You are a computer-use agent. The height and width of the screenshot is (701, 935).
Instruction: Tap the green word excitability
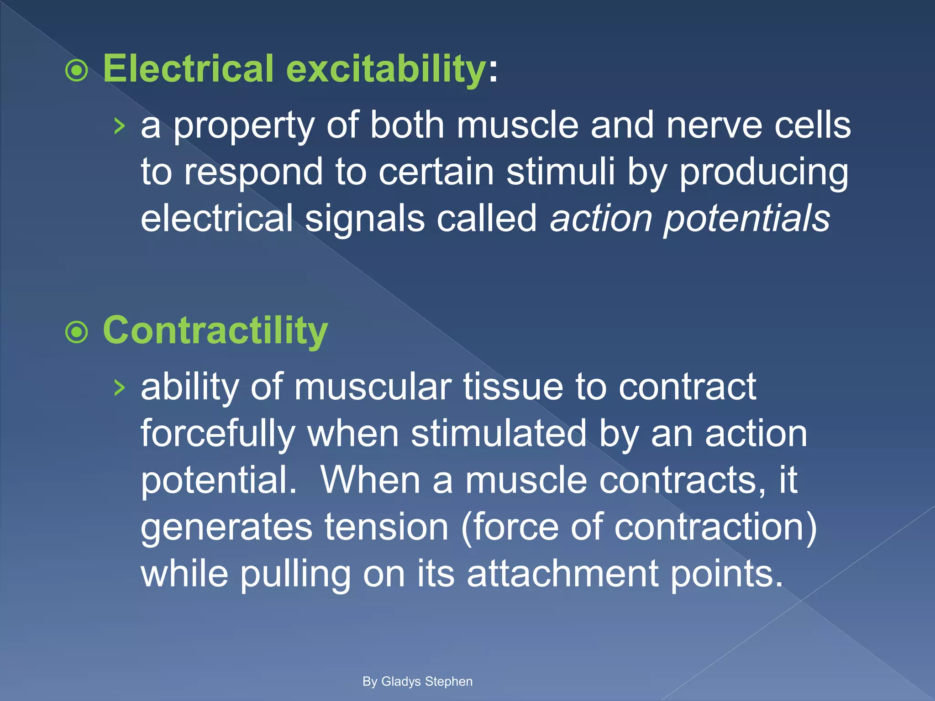(x=386, y=69)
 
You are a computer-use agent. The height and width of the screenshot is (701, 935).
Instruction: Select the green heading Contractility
(x=215, y=331)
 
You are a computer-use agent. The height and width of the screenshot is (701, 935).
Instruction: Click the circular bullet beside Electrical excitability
(x=76, y=71)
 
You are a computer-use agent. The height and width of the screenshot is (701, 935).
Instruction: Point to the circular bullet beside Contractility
(x=76, y=333)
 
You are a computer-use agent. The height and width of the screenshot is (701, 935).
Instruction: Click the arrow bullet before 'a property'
(x=119, y=126)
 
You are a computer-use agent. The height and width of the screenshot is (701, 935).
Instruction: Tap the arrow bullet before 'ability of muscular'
(x=119, y=388)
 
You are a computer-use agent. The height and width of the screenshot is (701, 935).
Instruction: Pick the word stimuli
(x=561, y=172)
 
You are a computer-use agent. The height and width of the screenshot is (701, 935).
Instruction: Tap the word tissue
(x=513, y=387)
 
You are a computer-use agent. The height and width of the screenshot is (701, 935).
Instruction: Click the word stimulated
(x=498, y=434)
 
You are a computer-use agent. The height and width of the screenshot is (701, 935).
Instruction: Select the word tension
(x=386, y=527)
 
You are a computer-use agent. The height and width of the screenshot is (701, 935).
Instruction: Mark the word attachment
(x=562, y=574)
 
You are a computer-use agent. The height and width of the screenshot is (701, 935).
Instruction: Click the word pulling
(x=295, y=575)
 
